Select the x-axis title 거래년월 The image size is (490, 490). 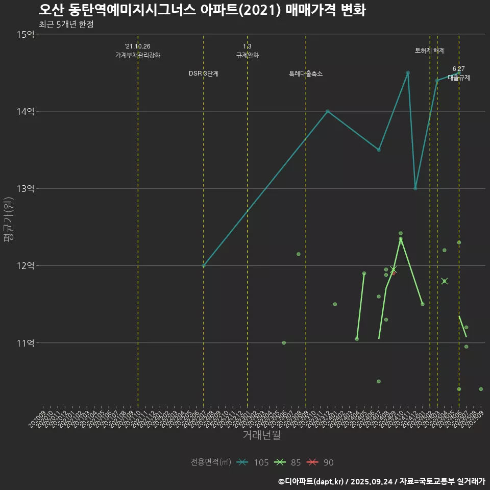click(261, 435)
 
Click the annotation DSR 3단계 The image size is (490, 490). click(204, 73)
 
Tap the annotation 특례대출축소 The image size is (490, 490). click(306, 73)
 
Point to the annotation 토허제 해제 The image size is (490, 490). click(430, 51)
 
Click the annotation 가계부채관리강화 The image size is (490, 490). click(138, 55)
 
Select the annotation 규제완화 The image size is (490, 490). click(248, 55)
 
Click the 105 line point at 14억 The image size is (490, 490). click(328, 111)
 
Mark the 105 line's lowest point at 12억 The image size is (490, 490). click(204, 265)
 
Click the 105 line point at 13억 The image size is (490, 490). click(415, 188)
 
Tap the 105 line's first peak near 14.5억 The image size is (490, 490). click(408, 73)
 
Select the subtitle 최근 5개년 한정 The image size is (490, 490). click(66, 24)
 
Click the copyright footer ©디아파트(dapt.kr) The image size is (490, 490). click(311, 481)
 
